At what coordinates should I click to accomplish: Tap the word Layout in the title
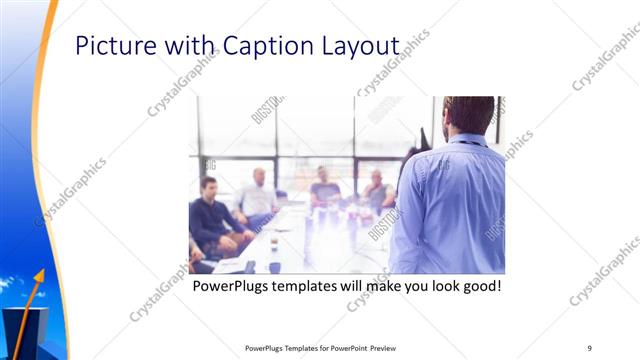pos(361,47)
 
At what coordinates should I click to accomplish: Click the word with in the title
pos(187,47)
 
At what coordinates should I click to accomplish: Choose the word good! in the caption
pos(478,287)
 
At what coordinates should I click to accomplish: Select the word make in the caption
pos(395,287)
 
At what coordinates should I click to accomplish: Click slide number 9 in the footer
pos(589,348)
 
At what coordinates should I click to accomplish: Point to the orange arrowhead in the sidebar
pos(39,273)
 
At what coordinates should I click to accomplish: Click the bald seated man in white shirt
pos(258,195)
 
